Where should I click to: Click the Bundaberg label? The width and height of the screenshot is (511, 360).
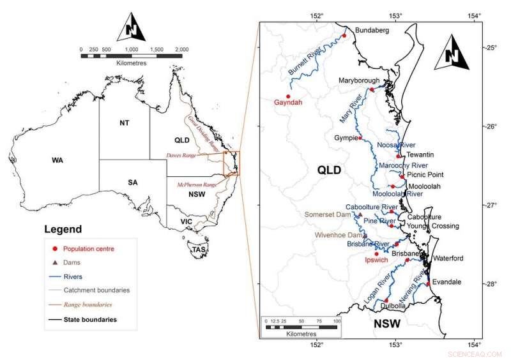point(371,30)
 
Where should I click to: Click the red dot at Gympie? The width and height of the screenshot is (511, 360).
point(360,137)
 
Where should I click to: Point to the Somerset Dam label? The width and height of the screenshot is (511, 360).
point(329,214)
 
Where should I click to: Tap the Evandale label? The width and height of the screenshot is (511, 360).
point(447,281)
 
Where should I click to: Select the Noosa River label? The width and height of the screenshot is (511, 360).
point(396,146)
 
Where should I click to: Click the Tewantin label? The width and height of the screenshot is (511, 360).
point(420,155)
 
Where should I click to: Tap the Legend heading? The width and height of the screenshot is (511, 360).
point(63,229)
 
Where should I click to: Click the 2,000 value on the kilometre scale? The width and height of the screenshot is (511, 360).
point(181,49)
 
